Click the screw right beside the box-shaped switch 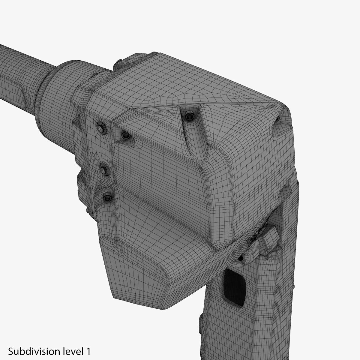click(254, 238)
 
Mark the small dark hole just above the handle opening click(241, 258)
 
